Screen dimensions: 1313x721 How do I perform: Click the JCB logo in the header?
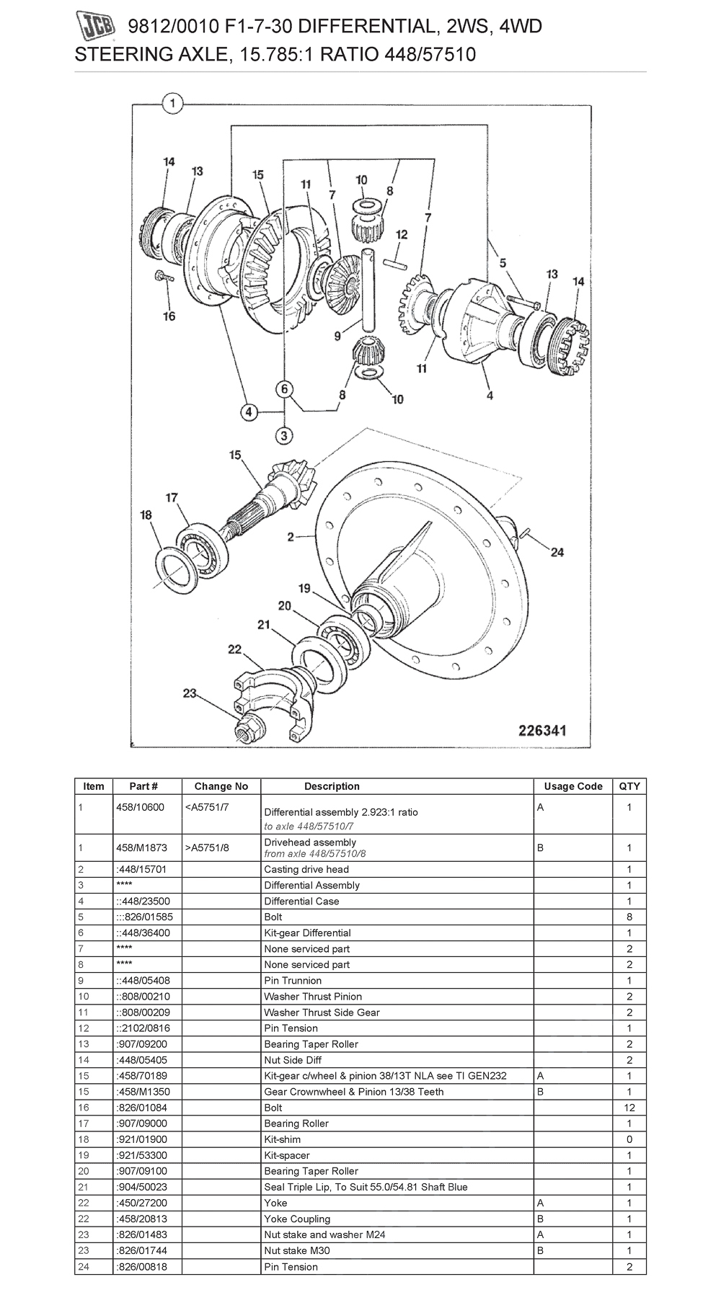(x=97, y=29)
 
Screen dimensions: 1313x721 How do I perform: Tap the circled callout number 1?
(x=172, y=104)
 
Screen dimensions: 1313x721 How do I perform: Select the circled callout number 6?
(x=285, y=389)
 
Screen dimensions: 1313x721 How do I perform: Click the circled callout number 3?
(x=284, y=435)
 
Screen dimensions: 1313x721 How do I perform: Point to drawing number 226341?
(x=542, y=731)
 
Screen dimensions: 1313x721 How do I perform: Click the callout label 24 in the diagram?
(x=557, y=552)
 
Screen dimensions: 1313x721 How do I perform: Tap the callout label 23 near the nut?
(x=190, y=693)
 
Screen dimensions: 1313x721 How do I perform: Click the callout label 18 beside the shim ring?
(x=146, y=515)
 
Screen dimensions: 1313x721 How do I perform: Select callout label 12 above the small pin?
(x=402, y=234)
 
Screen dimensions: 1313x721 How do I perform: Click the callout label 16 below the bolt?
(x=169, y=316)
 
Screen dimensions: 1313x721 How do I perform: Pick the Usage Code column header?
(x=573, y=786)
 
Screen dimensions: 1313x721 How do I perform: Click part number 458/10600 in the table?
(x=140, y=807)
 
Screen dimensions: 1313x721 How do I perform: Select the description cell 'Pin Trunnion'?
(x=293, y=980)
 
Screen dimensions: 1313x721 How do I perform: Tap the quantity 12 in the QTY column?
(x=629, y=1108)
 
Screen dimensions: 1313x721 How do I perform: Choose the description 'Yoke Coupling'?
(x=297, y=1219)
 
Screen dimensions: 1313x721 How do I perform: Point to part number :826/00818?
(x=141, y=1266)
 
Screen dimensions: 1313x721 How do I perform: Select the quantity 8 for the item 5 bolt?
(x=629, y=917)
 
